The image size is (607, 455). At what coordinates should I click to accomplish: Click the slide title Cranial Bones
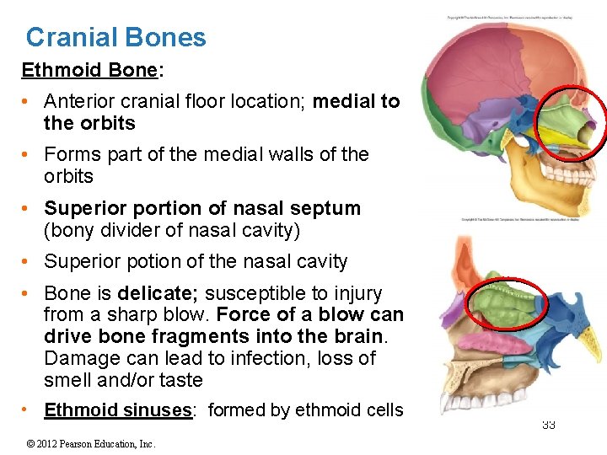coord(115,37)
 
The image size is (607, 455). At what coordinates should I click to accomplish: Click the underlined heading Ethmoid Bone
coord(89,70)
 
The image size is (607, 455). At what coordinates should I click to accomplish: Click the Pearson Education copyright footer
coord(92,443)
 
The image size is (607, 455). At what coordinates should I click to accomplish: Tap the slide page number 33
coord(548,425)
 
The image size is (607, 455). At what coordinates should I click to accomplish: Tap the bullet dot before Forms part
coord(29,155)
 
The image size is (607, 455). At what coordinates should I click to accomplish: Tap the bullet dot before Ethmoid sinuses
coord(29,410)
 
